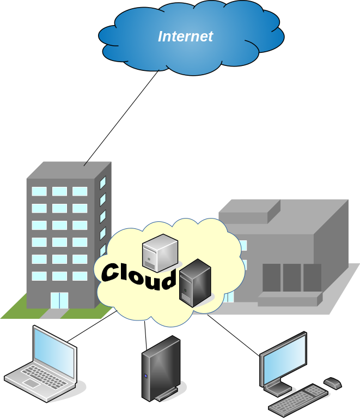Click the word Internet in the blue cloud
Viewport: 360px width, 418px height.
[185, 37]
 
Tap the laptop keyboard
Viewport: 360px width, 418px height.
[38, 376]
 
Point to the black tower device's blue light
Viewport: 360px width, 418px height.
[146, 376]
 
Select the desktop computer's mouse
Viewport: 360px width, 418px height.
[332, 383]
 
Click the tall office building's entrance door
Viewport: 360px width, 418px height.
[59, 300]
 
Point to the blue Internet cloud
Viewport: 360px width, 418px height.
[191, 54]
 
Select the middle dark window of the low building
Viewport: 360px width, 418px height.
[291, 277]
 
